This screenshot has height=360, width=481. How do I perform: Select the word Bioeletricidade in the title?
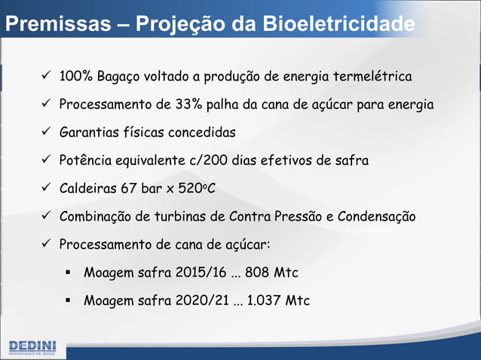coord(339,24)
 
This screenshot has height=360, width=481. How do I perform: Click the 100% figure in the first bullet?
coord(76,77)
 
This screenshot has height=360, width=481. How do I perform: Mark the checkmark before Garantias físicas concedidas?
coord(46,133)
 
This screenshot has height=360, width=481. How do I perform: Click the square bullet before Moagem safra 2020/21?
coord(68,300)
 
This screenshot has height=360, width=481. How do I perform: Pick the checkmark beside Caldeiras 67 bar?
coord(46,188)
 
